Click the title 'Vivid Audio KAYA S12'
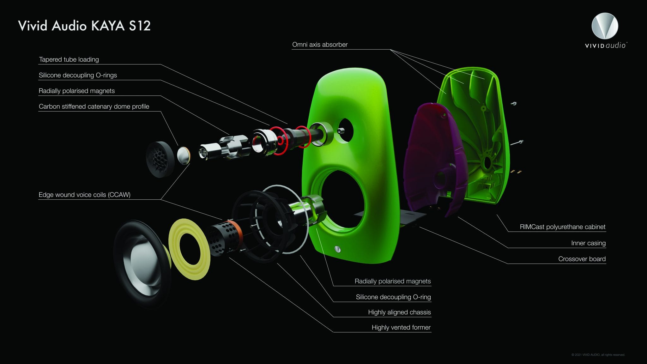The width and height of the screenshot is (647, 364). coord(84,26)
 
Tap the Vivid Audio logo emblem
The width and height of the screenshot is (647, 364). coord(605,26)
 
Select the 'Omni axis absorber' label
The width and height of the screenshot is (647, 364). coord(320,45)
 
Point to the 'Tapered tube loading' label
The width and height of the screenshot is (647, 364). coord(69,59)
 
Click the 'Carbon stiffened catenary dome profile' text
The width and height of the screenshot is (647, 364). coord(94,106)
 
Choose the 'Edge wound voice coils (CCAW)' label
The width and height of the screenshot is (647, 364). coord(84,195)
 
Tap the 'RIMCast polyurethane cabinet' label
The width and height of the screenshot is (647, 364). coord(563,227)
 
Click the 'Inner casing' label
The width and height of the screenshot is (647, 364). coord(588,243)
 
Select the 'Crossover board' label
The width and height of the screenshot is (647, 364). coord(582,259)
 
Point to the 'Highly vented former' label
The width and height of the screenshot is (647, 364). coord(401,327)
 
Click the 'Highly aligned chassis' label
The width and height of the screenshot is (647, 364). coord(399,312)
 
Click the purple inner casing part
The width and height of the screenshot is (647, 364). coord(433,158)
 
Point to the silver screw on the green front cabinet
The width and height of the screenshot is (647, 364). coord(337,249)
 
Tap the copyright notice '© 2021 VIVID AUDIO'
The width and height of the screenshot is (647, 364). coord(598,355)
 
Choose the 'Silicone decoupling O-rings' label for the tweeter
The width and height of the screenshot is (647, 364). coord(78,75)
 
